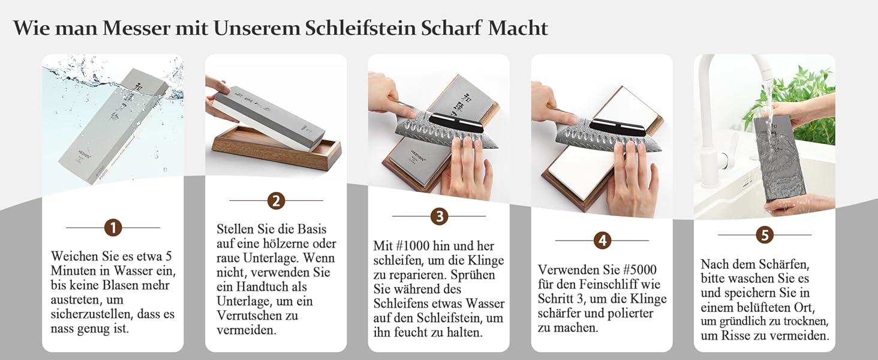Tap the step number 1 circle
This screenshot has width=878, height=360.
pyautogui.click(x=113, y=228)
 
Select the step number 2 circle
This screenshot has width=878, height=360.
pyautogui.click(x=276, y=201)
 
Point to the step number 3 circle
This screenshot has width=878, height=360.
pyautogui.click(x=439, y=216)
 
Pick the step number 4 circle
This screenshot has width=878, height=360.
pyautogui.click(x=602, y=241)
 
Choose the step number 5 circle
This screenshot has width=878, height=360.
pyautogui.click(x=765, y=235)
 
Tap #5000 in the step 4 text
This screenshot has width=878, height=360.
pyautogui.click(x=639, y=270)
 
